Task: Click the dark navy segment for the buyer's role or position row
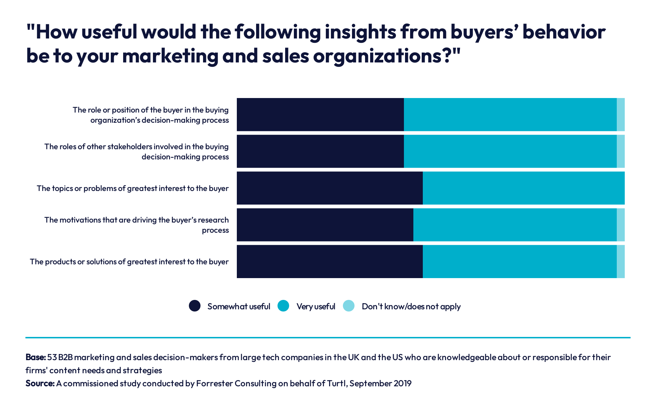pyautogui.click(x=320, y=114)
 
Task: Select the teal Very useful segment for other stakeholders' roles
pyautogui.click(x=510, y=151)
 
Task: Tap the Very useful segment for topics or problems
pyautogui.click(x=523, y=188)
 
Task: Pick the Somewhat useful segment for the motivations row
pyautogui.click(x=325, y=225)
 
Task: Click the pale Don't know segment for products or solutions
pyautogui.click(x=620, y=261)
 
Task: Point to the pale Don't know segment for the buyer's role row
pyautogui.click(x=620, y=114)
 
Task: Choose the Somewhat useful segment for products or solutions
pyautogui.click(x=329, y=261)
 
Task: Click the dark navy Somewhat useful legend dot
pyautogui.click(x=195, y=306)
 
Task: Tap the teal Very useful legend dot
pyautogui.click(x=283, y=306)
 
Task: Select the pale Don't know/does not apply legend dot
pyautogui.click(x=349, y=306)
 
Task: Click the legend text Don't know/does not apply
pyautogui.click(x=411, y=306)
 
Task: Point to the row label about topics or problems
pyautogui.click(x=133, y=188)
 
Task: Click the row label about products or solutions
pyautogui.click(x=129, y=262)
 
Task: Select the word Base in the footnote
pyautogui.click(x=35, y=357)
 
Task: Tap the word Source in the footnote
pyautogui.click(x=40, y=383)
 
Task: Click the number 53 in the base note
pyautogui.click(x=52, y=357)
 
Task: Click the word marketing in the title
pyautogui.click(x=170, y=56)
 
